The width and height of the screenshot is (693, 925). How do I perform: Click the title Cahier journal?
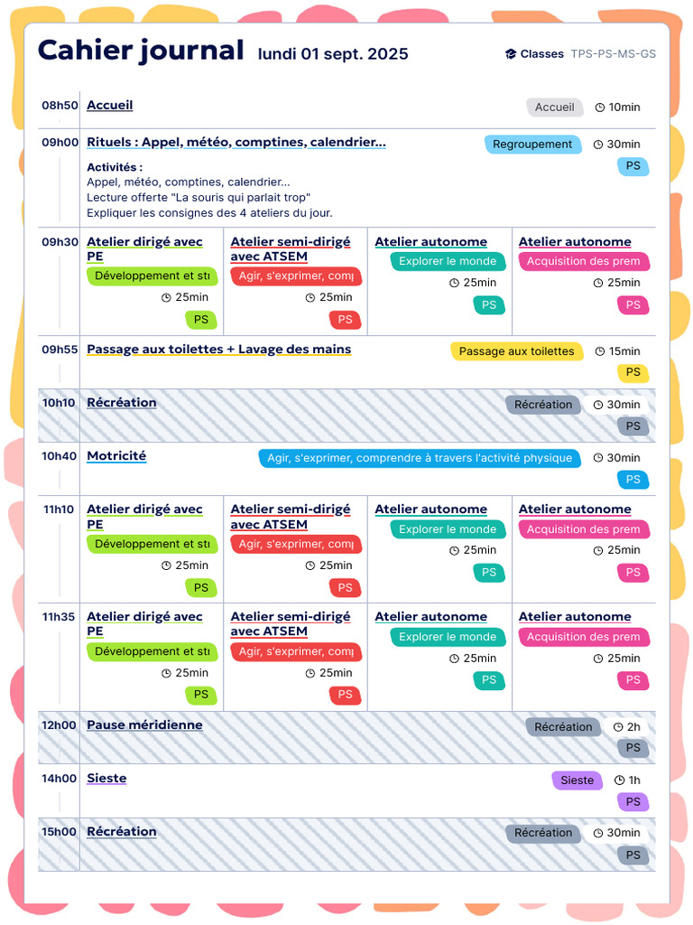tap(141, 51)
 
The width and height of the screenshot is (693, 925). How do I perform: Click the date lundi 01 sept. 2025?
tap(333, 54)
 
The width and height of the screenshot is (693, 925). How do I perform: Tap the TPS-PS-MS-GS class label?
tap(613, 54)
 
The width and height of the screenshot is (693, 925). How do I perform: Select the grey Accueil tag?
tap(554, 107)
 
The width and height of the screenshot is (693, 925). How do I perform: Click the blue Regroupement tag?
tap(532, 145)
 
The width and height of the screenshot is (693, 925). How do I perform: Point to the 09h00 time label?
tap(60, 142)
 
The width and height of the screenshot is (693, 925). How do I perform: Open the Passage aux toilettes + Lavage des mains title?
tap(218, 350)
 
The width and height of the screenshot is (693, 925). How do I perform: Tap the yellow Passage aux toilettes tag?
tap(516, 351)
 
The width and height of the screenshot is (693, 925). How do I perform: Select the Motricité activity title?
tap(116, 456)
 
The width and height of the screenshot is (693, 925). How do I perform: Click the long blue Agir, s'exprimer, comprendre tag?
tap(420, 458)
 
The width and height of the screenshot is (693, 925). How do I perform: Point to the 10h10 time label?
tap(60, 403)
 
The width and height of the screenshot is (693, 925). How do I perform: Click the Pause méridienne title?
tap(144, 725)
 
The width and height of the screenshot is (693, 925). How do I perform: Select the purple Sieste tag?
tap(577, 780)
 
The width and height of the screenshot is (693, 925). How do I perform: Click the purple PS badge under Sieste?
tap(633, 802)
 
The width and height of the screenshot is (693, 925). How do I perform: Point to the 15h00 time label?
tap(60, 832)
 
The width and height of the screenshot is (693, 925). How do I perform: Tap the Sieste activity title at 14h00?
tap(106, 779)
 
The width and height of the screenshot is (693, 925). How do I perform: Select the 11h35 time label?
tap(60, 617)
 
